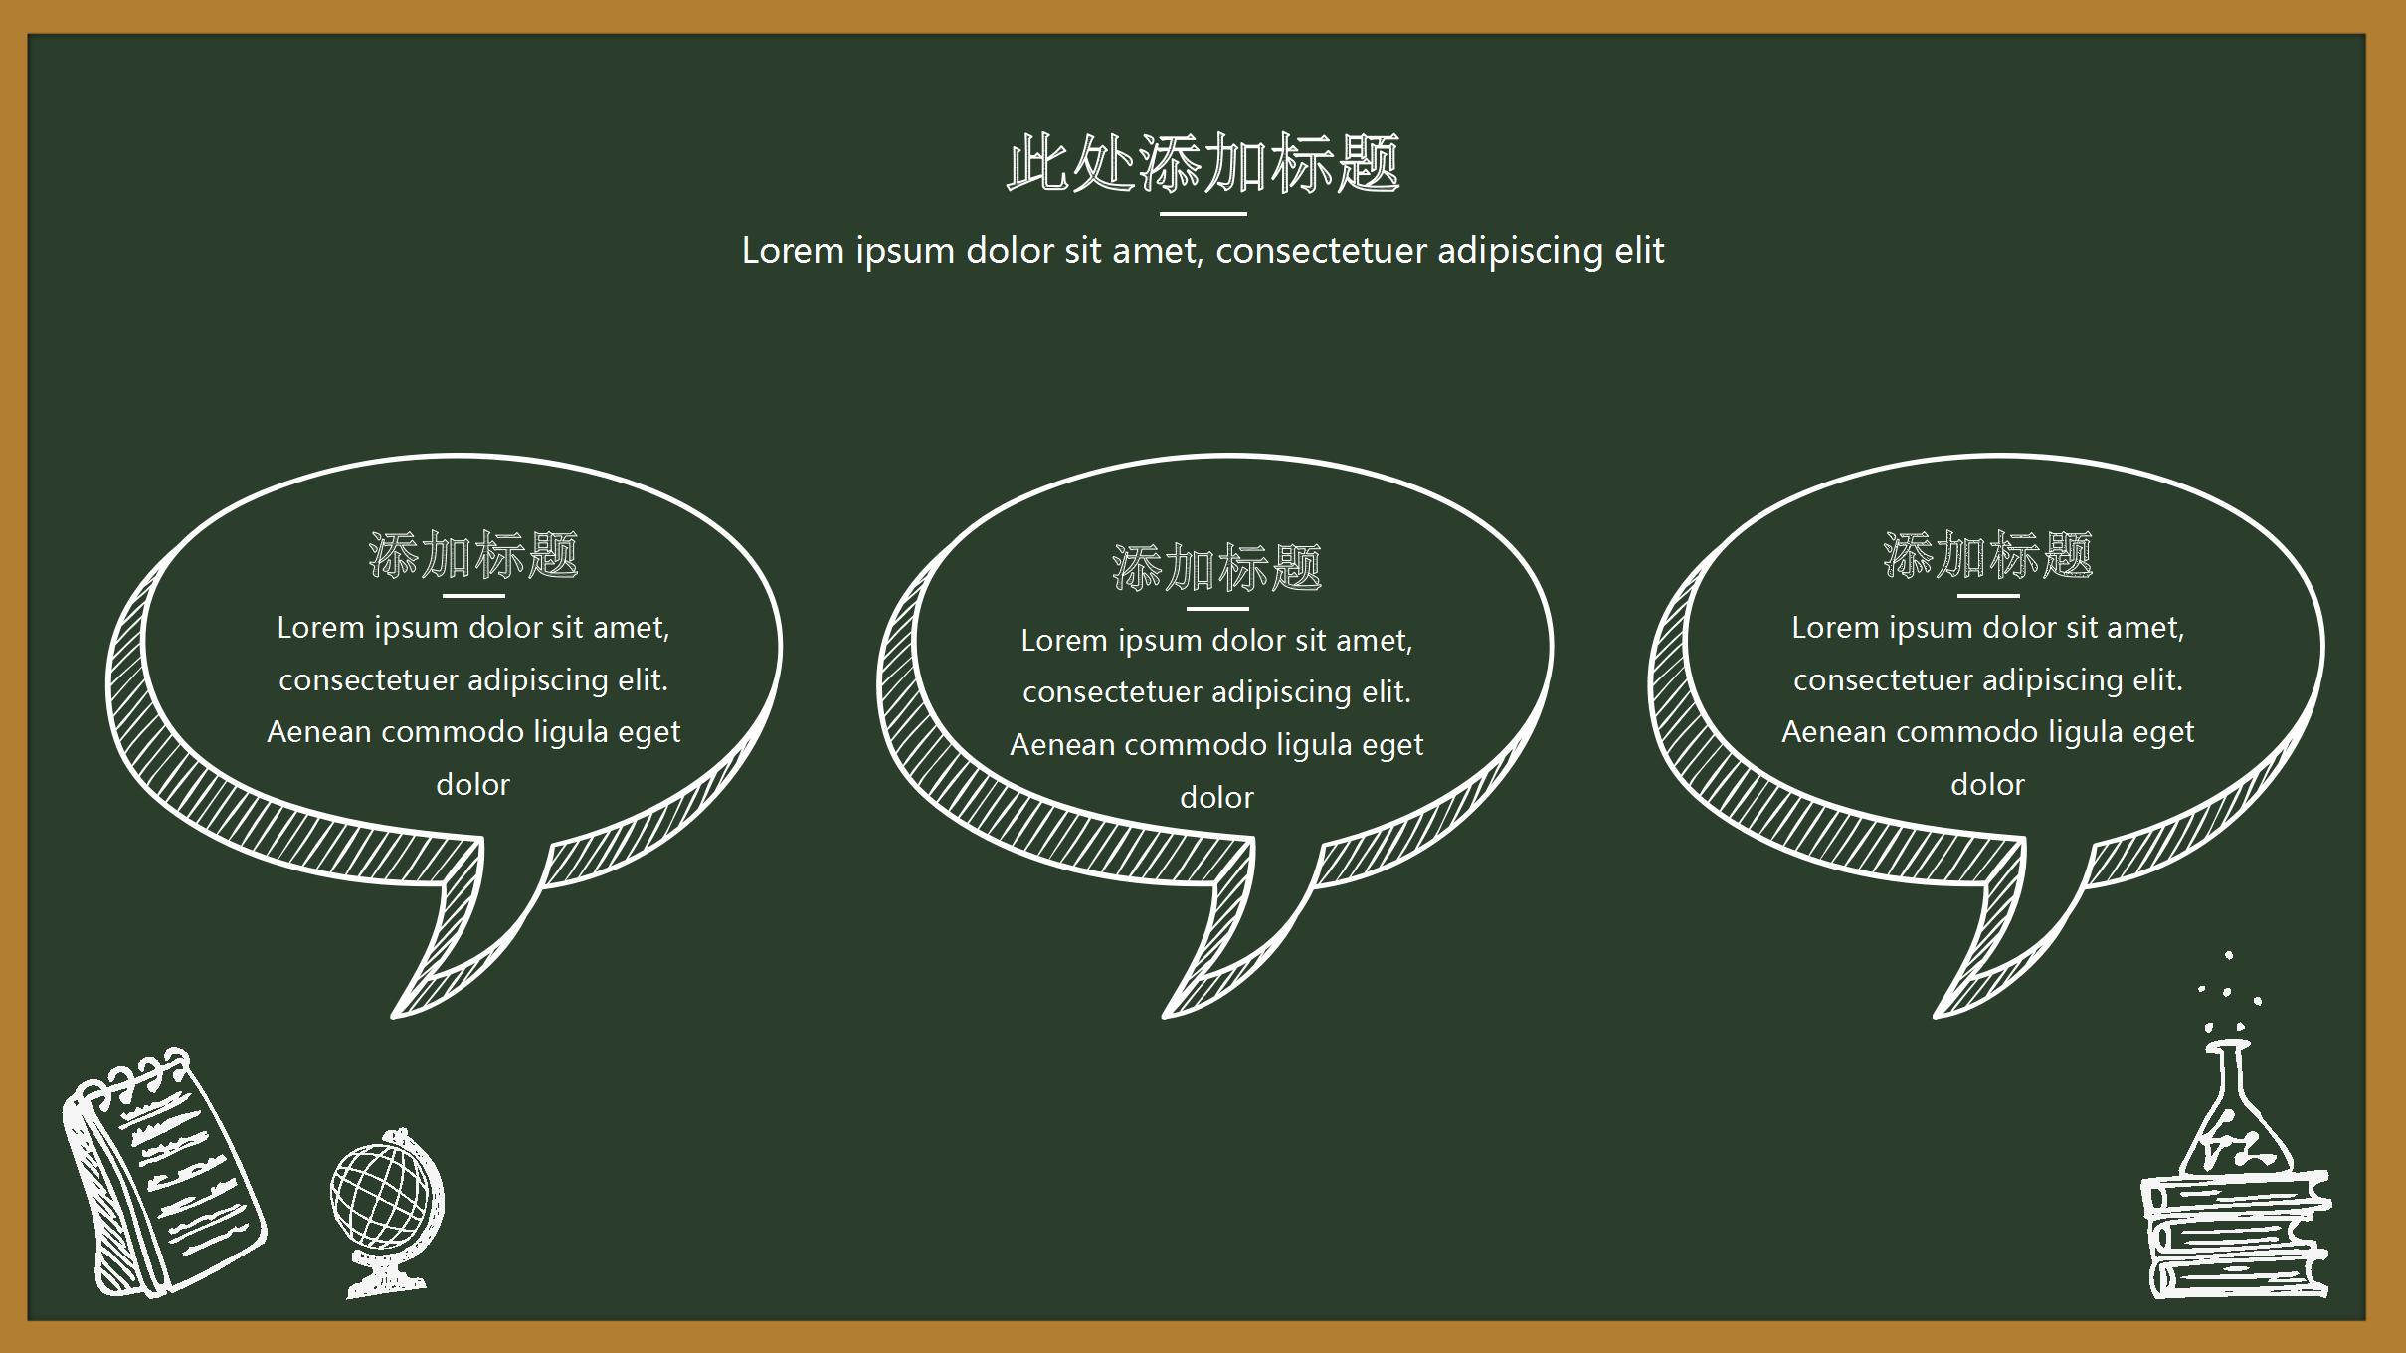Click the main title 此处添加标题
click(x=1203, y=163)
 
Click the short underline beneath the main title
click(x=1203, y=213)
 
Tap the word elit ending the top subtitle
click(x=1639, y=251)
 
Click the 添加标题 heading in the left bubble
click(x=473, y=555)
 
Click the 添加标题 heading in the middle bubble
click(x=1216, y=568)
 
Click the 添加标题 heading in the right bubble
click(x=1987, y=555)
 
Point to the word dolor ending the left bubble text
click(x=473, y=785)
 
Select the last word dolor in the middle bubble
click(x=1216, y=798)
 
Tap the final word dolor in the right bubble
click(x=1987, y=785)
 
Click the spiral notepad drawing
click(x=164, y=1174)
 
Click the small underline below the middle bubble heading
click(x=1216, y=609)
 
